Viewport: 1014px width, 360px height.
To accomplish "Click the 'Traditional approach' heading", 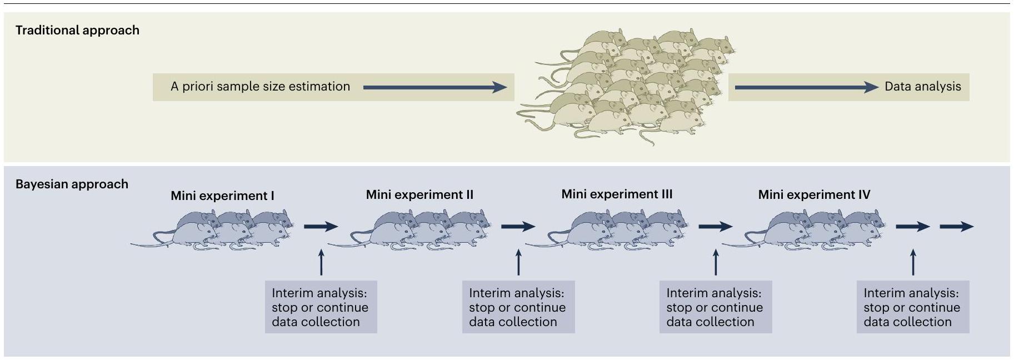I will (x=77, y=30).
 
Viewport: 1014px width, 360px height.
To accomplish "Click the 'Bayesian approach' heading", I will (x=72, y=184).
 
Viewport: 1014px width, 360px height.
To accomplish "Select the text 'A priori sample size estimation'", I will (x=260, y=87).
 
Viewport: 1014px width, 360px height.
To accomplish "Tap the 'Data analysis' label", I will (x=922, y=87).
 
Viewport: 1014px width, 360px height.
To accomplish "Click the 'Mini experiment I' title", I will (x=222, y=196).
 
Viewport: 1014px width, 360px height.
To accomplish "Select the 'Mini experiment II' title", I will (x=419, y=195).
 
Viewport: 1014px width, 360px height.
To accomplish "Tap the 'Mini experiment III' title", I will (x=617, y=194).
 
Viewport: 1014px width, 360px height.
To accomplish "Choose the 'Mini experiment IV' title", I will (x=814, y=195).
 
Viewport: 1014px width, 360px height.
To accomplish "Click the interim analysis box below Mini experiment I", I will (x=321, y=307).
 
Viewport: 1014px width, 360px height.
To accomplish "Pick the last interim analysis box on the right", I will (x=912, y=307).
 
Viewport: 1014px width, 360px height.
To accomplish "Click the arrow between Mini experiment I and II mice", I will (x=321, y=226).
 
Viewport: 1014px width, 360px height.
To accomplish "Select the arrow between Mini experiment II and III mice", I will (x=518, y=226).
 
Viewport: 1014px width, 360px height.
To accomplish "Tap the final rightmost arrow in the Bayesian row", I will (x=956, y=226).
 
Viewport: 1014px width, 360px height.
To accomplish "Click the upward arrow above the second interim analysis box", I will (x=518, y=262).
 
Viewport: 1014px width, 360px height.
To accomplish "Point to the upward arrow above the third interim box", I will (x=716, y=262).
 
